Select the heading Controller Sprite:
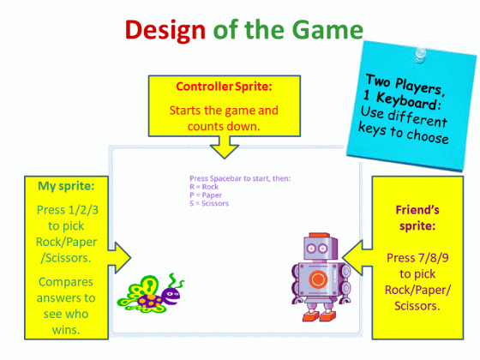pos(224,87)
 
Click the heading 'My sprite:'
pos(65,185)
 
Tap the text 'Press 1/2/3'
pos(65,210)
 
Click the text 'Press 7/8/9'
pos(418,256)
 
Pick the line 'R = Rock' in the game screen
pos(206,187)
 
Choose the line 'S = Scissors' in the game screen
pos(213,203)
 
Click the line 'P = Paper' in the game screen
pos(208,195)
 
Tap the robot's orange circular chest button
pos(319,279)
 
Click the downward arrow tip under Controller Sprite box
pos(225,156)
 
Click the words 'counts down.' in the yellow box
pos(224,126)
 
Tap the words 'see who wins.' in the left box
pos(65,321)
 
